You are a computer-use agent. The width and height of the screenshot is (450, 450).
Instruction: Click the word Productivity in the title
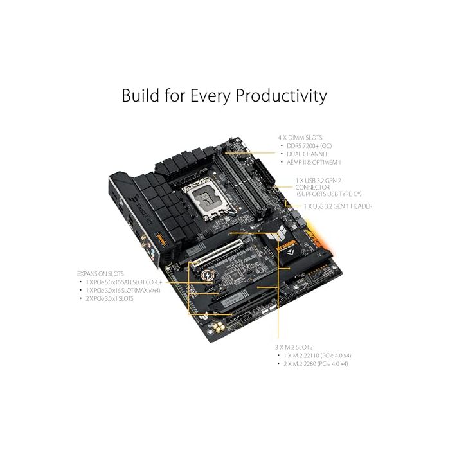[x=281, y=96]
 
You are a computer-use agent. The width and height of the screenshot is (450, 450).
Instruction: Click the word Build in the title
[x=140, y=96]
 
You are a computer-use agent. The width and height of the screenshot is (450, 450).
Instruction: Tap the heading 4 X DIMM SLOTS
[x=300, y=137]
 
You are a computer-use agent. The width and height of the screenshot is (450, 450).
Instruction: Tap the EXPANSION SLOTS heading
[x=100, y=273]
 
